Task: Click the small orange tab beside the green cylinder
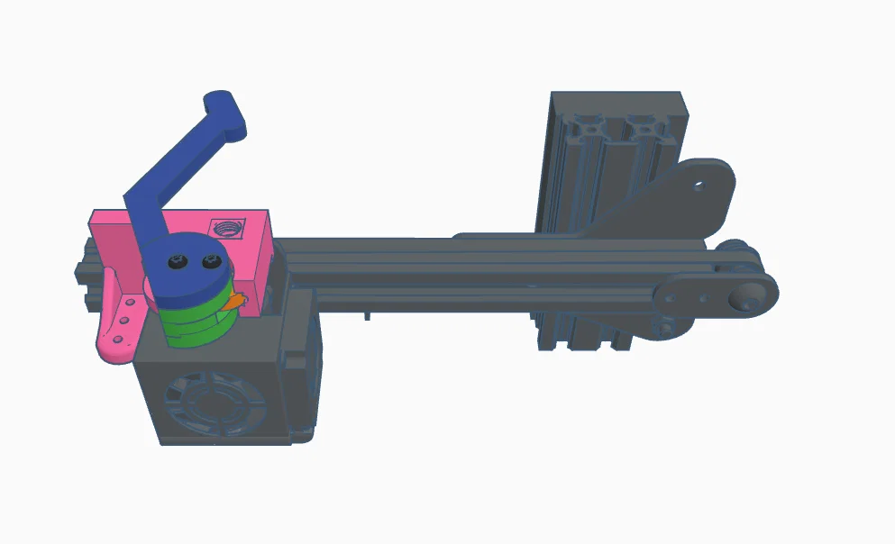237,302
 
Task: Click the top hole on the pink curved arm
131,304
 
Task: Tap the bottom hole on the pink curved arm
114,340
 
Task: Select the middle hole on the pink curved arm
123,322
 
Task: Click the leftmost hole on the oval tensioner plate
672,295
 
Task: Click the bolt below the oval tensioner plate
667,326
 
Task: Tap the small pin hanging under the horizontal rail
368,316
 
